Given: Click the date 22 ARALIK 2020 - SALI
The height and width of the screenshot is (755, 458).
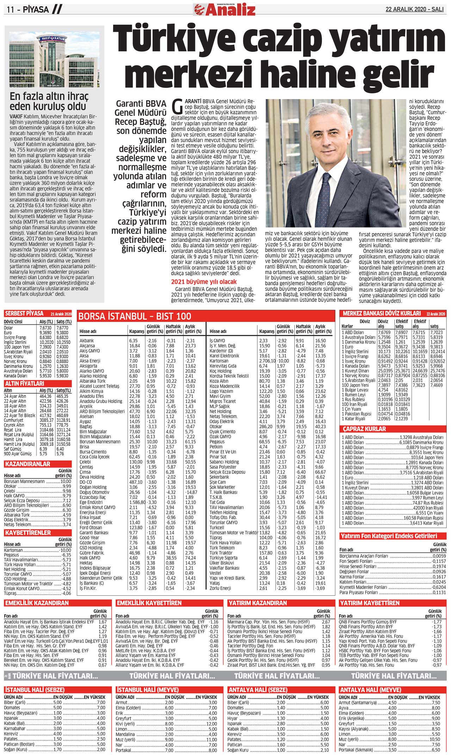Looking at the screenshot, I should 415,10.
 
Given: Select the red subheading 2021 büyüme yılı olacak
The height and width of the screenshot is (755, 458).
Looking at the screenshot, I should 204,282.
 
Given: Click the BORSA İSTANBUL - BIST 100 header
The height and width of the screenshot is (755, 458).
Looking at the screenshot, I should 135,316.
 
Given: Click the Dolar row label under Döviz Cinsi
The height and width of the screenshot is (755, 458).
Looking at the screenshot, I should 8,328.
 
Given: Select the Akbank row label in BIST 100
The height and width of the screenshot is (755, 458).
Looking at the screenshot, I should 87,341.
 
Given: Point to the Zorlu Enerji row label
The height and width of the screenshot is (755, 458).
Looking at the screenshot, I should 220,588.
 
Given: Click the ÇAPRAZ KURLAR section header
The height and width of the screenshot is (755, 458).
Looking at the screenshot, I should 365,429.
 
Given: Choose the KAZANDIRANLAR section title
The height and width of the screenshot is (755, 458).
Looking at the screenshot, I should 27,464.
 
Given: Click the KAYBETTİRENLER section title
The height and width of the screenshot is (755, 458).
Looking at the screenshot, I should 28,532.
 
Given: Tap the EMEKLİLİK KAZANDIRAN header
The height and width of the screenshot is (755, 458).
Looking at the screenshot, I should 37,603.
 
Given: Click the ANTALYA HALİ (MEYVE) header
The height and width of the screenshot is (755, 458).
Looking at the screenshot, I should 370,690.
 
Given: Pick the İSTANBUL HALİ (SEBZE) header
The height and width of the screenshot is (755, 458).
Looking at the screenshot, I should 35,690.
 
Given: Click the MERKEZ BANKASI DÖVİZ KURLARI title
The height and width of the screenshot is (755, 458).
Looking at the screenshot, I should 382,313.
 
